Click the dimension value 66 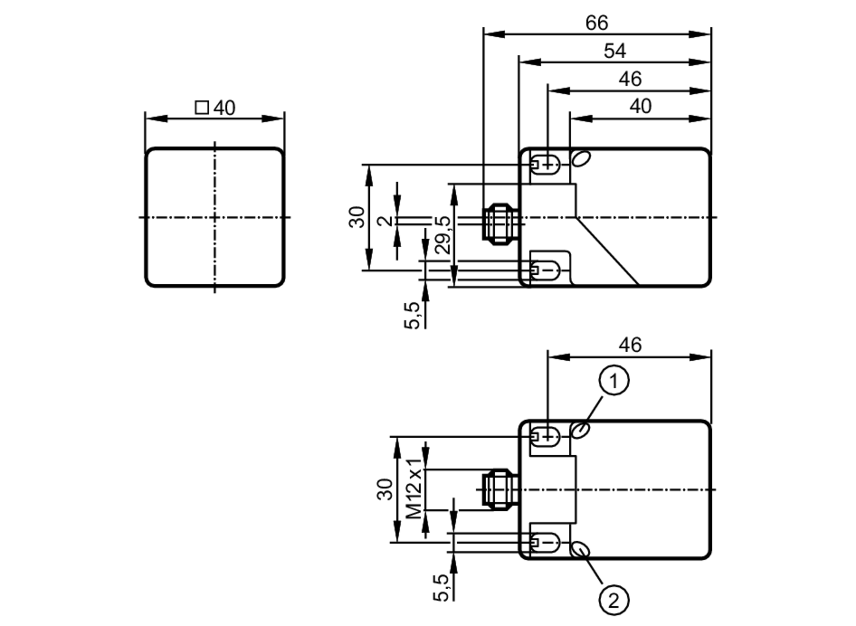(x=596, y=23)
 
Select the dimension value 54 (x=615, y=51)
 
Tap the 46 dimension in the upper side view (x=630, y=80)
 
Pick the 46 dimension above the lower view (x=630, y=345)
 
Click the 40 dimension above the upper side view (x=640, y=107)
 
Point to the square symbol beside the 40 (x=202, y=107)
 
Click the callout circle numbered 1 (x=614, y=380)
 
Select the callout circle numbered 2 (x=614, y=601)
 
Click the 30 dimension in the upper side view (x=357, y=217)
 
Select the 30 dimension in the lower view (x=385, y=489)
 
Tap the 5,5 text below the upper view (x=412, y=315)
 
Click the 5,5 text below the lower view (x=441, y=588)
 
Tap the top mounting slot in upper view (x=545, y=164)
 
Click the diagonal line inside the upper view (x=608, y=252)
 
